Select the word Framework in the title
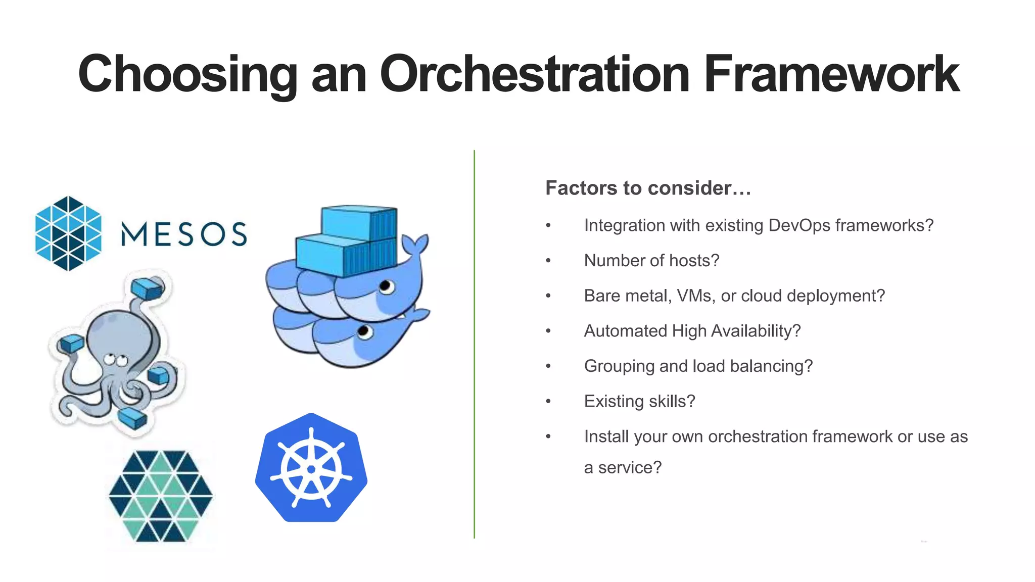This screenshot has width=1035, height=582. [831, 74]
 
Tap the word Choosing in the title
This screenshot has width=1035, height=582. [187, 74]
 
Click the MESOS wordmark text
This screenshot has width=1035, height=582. [184, 234]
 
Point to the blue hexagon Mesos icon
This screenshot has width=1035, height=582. [68, 233]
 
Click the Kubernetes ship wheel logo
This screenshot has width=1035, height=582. [311, 468]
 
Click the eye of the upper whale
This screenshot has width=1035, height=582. [387, 287]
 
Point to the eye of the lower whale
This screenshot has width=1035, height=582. [364, 332]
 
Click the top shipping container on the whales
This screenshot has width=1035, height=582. [359, 222]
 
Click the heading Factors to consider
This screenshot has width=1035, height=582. [648, 188]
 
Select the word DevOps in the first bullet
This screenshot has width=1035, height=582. [799, 225]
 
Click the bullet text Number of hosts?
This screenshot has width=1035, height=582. [651, 261]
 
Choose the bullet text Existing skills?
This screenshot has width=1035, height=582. [639, 401]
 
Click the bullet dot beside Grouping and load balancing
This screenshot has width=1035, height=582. [548, 366]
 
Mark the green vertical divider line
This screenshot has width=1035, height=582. [474, 344]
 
